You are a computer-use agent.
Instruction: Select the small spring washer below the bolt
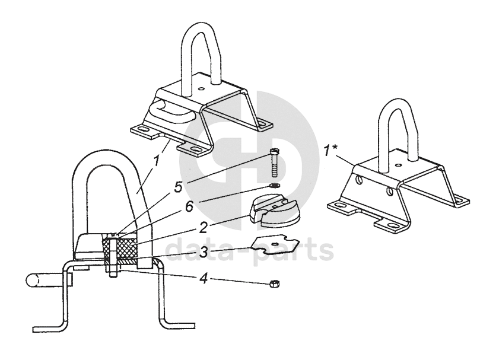coord(275,187)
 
